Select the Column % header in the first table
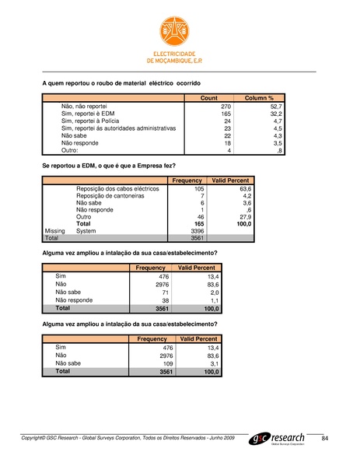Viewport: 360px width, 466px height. click(259, 98)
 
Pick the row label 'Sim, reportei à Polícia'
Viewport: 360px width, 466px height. click(92, 121)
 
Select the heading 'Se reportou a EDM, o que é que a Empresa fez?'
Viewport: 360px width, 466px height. click(109, 166)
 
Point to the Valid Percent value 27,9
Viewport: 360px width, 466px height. click(244, 217)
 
